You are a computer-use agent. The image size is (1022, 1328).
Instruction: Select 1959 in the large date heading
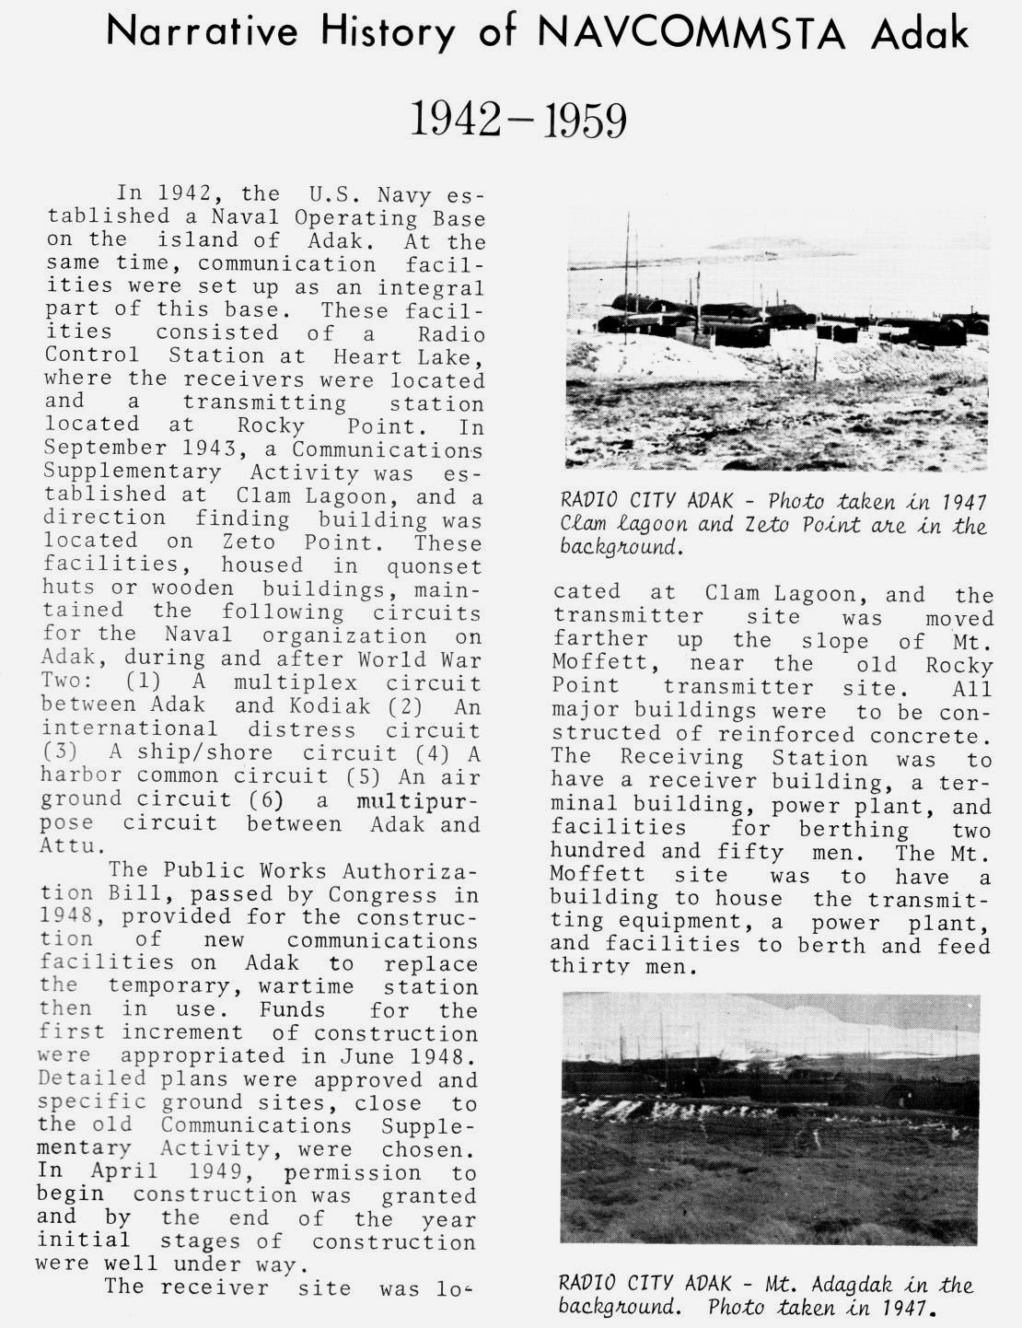pyautogui.click(x=585, y=121)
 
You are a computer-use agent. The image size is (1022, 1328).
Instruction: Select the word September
pyautogui.click(x=96, y=449)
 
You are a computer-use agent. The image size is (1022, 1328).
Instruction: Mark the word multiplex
pyautogui.click(x=295, y=682)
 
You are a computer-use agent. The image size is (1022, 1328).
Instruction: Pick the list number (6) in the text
pyautogui.click(x=265, y=798)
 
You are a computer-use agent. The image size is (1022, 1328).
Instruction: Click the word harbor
pyautogui.click(x=72, y=775)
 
